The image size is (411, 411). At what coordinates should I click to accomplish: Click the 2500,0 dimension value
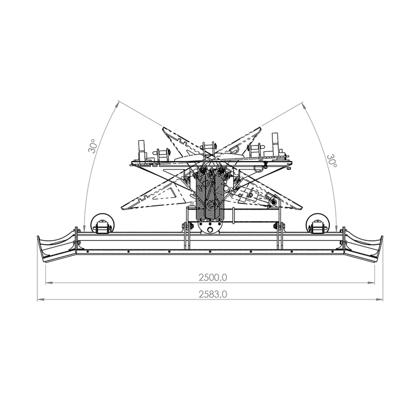tap(213, 277)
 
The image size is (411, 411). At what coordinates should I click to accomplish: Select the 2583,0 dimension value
tap(213, 294)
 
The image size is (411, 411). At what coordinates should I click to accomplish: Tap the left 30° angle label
tap(93, 146)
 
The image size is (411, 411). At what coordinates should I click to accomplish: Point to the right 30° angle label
tap(332, 161)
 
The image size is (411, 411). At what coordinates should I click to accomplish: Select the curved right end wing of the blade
tap(363, 247)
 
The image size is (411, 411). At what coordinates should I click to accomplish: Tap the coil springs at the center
tap(210, 195)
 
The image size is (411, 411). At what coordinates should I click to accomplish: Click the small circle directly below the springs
tap(210, 230)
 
